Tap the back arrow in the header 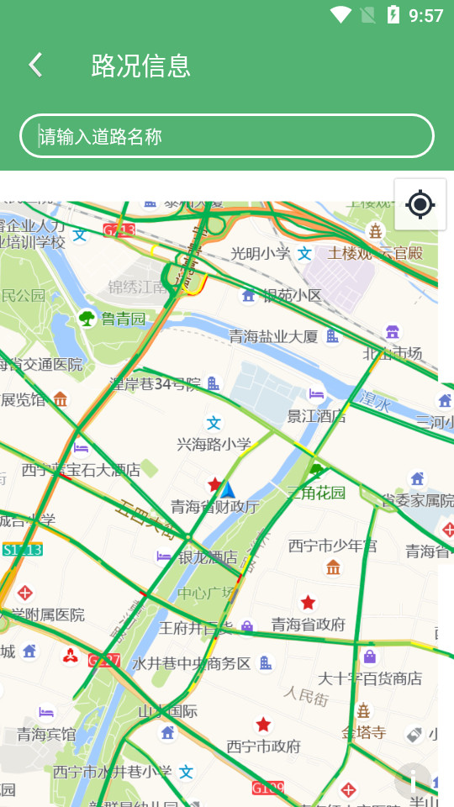35,65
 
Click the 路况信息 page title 140,65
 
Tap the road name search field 227,136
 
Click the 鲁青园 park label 123,319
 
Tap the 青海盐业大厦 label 274,336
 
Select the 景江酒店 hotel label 317,415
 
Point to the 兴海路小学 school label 214,443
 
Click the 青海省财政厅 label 215,506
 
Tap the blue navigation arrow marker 227,489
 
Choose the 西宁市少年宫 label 333,546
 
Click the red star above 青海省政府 309,602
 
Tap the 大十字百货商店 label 370,678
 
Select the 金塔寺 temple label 363,732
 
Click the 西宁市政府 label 264,746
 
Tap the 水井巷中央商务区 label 193,663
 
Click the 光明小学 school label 261,253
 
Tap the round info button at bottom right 413,781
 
